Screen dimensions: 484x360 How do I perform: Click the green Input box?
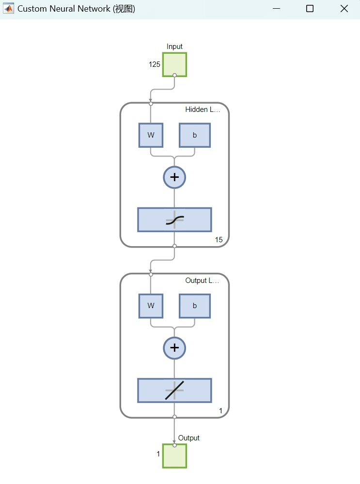point(174,64)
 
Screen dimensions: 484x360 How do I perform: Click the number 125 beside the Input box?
point(155,64)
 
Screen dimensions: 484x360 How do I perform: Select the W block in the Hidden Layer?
point(151,135)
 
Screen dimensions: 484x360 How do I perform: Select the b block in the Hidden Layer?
point(195,135)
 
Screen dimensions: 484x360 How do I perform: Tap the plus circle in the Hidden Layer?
point(174,177)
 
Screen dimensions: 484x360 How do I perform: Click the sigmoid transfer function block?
point(174,220)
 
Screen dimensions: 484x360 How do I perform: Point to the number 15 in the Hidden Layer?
point(219,240)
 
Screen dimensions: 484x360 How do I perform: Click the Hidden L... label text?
point(203,110)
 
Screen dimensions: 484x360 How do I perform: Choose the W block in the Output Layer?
point(151,306)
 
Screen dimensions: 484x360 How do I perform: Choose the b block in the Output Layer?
point(195,306)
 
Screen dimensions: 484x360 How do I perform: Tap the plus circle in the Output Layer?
point(174,348)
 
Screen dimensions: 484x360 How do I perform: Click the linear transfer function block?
point(174,390)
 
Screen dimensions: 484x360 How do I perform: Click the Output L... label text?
point(203,281)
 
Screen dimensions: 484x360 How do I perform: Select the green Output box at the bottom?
point(174,456)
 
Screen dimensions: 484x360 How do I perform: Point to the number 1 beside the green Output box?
point(158,454)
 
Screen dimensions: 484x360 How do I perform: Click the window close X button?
point(344,9)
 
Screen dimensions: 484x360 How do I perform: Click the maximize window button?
point(310,9)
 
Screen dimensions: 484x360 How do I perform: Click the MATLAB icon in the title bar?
point(8,9)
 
